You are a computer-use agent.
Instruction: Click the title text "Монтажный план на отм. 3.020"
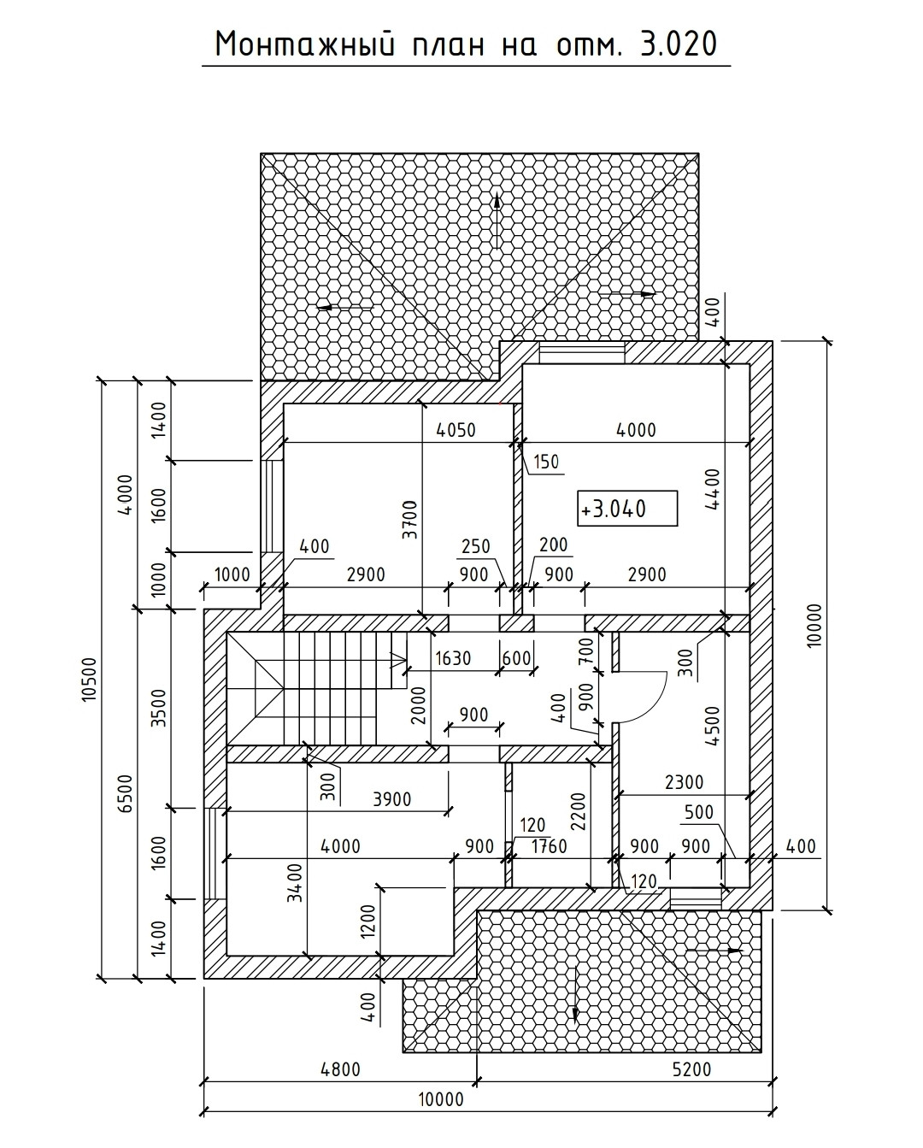(466, 44)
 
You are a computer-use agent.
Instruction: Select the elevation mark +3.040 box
(627, 509)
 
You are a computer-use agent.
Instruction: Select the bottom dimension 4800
(339, 1069)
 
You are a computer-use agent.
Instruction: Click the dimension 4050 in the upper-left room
(456, 430)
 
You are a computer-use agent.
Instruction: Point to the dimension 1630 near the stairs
(454, 658)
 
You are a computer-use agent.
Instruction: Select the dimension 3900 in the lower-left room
(392, 799)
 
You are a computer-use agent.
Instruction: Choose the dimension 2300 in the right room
(684, 780)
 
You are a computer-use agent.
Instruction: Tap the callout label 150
(546, 462)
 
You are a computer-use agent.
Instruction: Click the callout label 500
(698, 812)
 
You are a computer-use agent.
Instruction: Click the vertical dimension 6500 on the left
(125, 793)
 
